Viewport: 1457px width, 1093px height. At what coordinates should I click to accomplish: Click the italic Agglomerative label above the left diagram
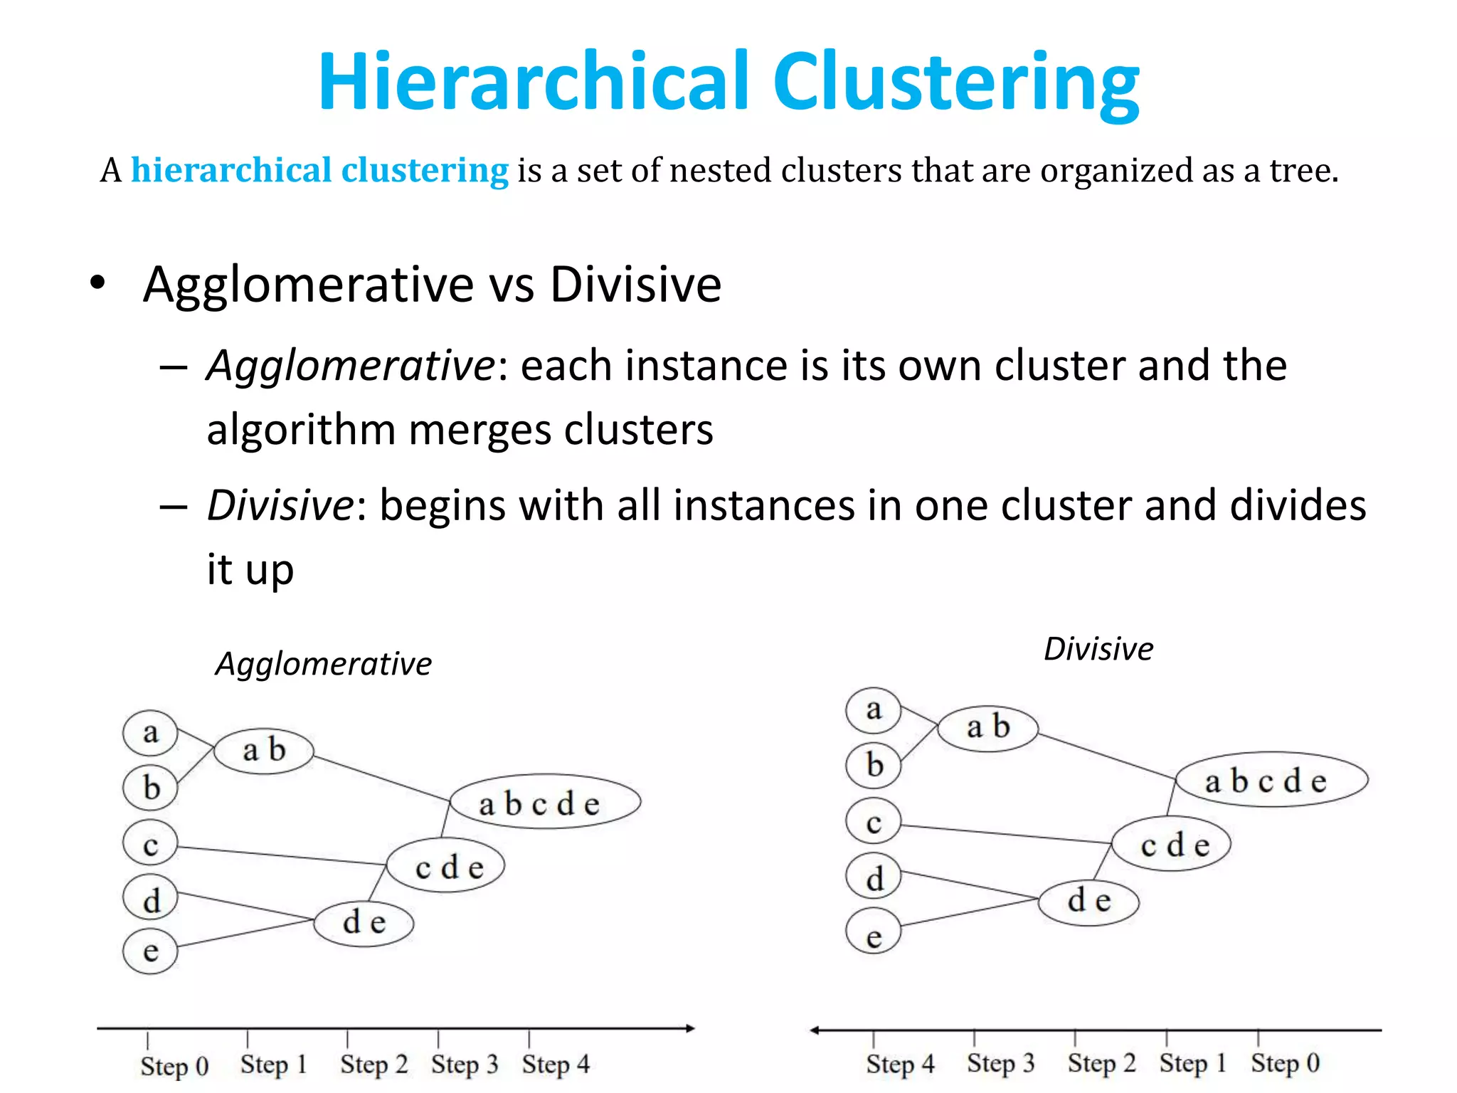pos(324,664)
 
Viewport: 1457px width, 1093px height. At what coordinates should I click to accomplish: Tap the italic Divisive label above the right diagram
pos(1098,649)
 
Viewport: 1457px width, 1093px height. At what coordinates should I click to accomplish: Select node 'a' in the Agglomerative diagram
pos(150,732)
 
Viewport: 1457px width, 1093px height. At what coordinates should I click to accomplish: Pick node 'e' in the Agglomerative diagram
pos(150,951)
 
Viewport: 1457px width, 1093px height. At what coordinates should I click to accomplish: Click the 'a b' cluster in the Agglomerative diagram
pos(264,750)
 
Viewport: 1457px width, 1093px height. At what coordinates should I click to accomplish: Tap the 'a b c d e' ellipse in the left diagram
pos(545,803)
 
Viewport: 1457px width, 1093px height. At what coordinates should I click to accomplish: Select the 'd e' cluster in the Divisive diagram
pos(1088,901)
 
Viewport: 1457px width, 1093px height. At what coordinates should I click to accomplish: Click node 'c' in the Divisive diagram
pos(874,822)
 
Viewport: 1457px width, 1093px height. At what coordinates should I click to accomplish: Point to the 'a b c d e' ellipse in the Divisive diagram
pos(1271,780)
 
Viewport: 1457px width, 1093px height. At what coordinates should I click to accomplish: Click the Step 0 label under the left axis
pos(174,1066)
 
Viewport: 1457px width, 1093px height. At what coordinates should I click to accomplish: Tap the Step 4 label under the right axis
pos(899,1064)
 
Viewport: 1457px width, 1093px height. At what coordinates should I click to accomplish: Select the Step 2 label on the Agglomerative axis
pos(373,1065)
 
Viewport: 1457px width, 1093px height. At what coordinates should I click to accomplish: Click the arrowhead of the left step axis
pos(689,1028)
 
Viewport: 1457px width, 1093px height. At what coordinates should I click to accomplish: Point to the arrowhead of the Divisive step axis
pos(815,1030)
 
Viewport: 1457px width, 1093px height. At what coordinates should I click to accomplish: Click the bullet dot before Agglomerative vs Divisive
pos(97,283)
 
